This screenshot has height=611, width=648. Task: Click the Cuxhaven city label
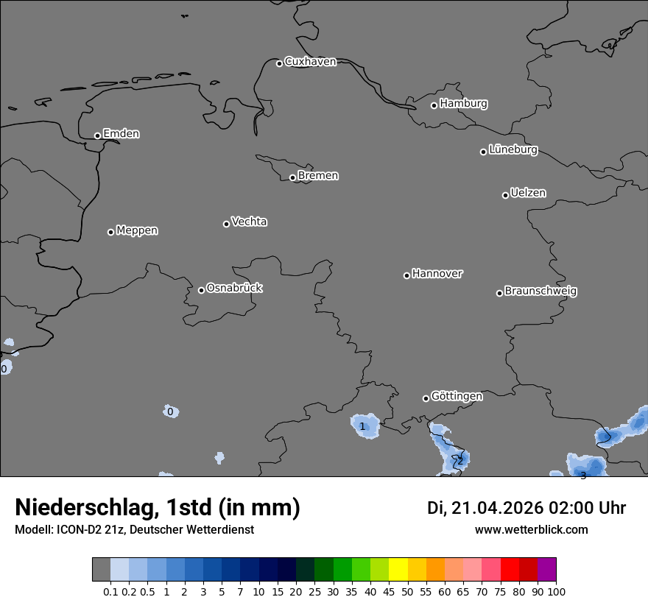click(310, 62)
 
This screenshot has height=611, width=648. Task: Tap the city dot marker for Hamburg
click(434, 105)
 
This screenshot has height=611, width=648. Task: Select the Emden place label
click(121, 134)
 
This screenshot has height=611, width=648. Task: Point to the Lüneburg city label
click(513, 150)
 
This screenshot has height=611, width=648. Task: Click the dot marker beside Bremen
click(292, 177)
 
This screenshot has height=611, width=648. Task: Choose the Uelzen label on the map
click(528, 194)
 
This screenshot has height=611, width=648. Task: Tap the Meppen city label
click(137, 230)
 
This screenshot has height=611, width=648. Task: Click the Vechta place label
click(249, 222)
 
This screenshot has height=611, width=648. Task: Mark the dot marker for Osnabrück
click(201, 290)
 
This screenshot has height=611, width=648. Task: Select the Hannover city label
click(437, 274)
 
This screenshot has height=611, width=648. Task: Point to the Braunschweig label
click(540, 292)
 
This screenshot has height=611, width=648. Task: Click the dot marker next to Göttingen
click(426, 398)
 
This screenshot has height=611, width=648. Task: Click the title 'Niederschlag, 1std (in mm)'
click(158, 507)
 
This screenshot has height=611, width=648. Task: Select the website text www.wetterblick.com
click(531, 529)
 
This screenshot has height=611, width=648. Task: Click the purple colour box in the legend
click(546, 569)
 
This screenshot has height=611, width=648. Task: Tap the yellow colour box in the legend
click(398, 569)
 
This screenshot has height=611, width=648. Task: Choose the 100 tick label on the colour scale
click(556, 591)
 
